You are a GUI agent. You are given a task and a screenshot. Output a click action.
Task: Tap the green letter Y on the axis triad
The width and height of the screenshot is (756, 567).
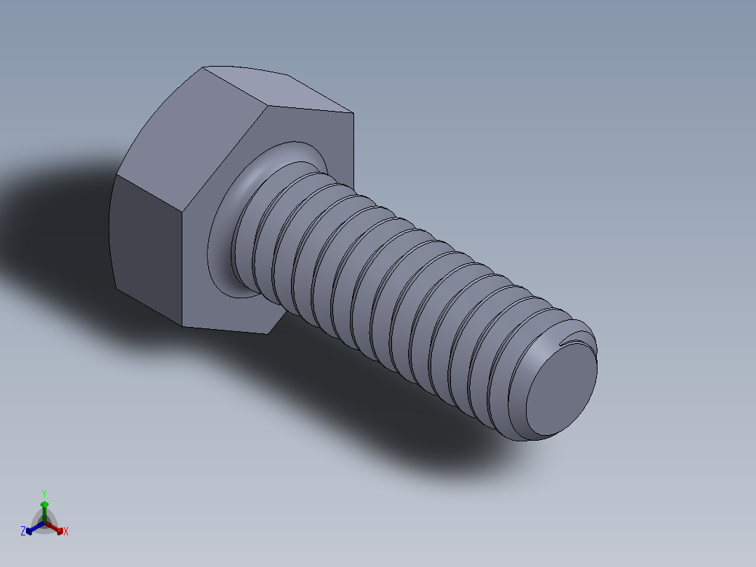[43, 493]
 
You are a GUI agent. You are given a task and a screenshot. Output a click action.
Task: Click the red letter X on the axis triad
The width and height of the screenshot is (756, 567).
[66, 531]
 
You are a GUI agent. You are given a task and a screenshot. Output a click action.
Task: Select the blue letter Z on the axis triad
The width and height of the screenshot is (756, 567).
[23, 531]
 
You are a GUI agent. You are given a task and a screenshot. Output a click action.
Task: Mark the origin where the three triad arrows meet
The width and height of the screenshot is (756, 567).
[44, 523]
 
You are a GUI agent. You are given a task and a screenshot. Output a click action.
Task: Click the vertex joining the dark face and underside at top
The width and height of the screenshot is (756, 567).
[184, 211]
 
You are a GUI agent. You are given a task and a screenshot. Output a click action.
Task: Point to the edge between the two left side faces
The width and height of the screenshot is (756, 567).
[116, 175]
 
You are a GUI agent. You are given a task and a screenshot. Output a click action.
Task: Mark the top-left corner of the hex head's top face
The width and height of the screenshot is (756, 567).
[203, 67]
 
